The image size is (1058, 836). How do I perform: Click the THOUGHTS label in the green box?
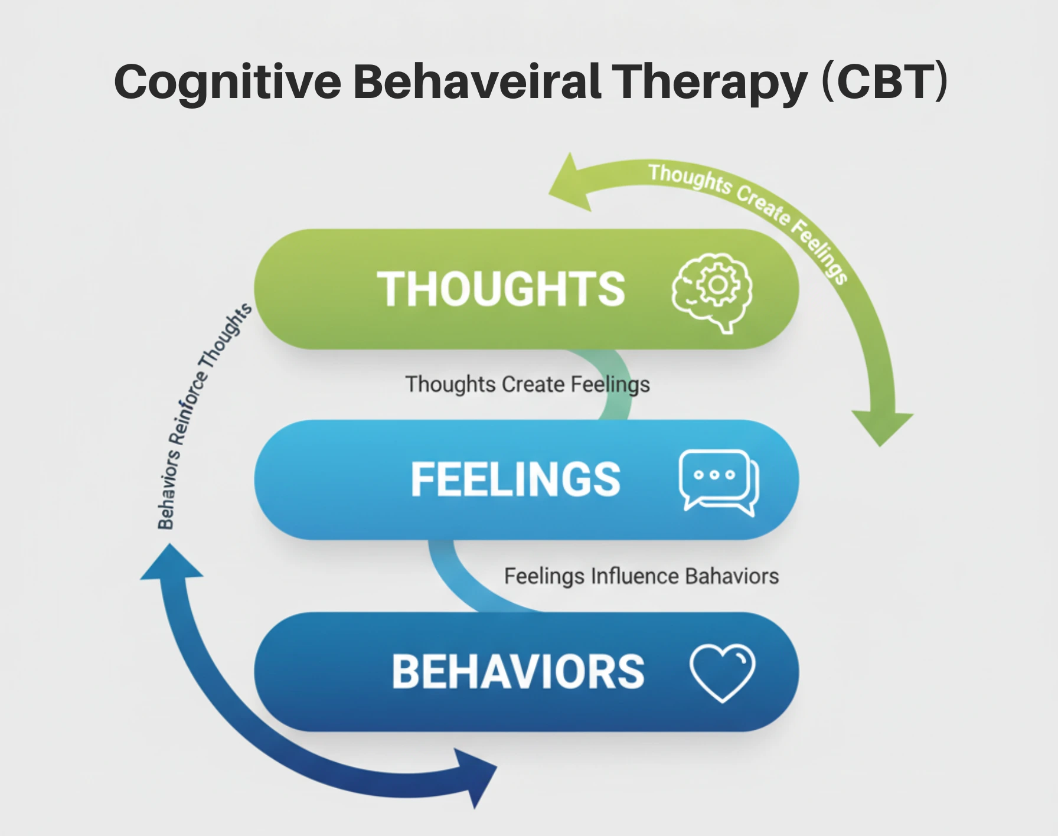pos(501,289)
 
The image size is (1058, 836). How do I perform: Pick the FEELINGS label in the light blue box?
pos(515,479)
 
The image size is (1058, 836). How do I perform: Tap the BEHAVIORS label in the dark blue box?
pos(518,672)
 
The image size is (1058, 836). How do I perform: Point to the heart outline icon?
pos(722,672)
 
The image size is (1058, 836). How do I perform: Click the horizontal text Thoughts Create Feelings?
pos(527,384)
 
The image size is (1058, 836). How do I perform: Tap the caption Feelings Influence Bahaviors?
pos(641,576)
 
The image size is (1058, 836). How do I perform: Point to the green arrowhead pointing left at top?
pos(570,184)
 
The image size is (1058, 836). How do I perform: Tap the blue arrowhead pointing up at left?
pos(171,563)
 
